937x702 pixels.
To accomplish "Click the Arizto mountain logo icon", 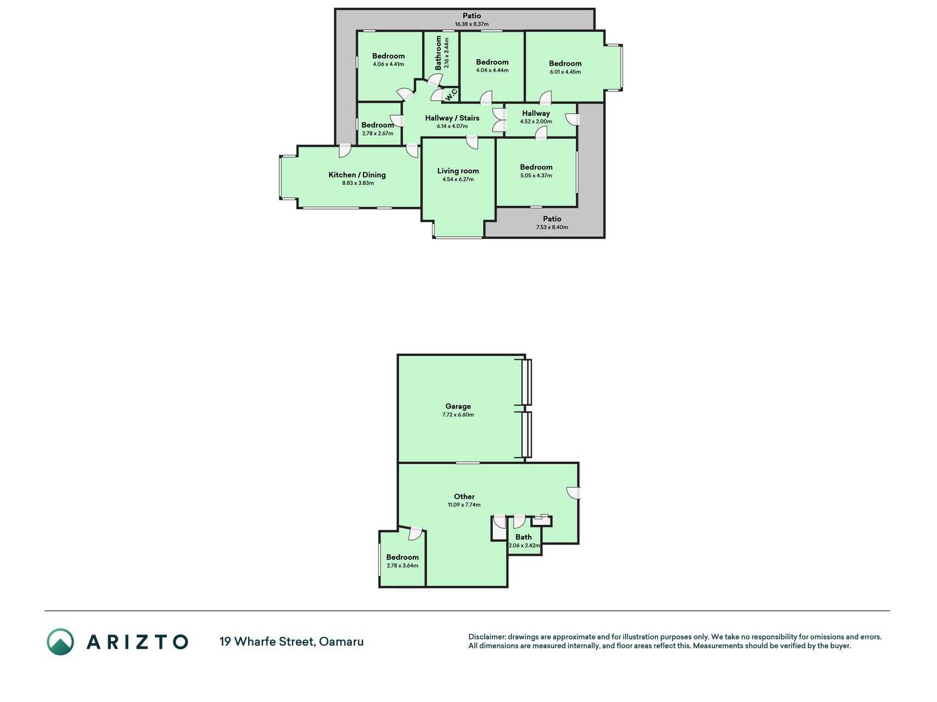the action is click(60, 642).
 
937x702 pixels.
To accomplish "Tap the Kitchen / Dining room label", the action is click(357, 175).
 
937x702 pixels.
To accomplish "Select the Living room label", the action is click(458, 171).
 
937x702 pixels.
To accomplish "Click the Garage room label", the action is click(458, 406).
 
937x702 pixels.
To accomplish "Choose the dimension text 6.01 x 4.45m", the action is click(565, 72).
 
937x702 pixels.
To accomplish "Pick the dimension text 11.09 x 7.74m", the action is click(464, 505).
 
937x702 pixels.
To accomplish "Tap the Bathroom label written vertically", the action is click(439, 53).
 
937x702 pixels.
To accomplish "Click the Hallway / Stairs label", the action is click(452, 118).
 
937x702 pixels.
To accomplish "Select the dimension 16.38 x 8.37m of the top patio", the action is click(472, 24).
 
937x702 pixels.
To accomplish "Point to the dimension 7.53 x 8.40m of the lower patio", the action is click(552, 227).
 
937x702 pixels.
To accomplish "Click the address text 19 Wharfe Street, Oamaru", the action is click(291, 642).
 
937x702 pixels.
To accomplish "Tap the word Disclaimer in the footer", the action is click(487, 637).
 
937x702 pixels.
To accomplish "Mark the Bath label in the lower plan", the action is click(524, 537).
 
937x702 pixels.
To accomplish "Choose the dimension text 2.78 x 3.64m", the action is click(402, 566).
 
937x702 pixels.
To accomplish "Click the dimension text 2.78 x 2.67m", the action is click(378, 133).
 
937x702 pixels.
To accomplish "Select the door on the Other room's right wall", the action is click(574, 494).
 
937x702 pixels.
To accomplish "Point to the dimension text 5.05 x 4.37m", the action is click(536, 175).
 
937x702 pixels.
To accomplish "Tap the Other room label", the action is click(464, 497).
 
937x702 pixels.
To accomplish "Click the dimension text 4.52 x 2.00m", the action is click(536, 122).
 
